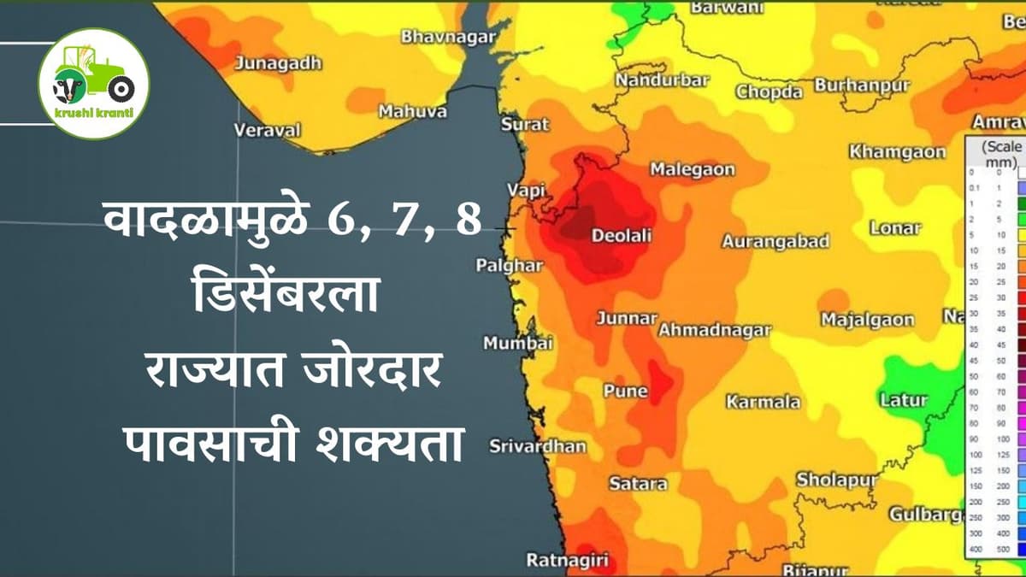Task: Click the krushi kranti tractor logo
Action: (x=94, y=84)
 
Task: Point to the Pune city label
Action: (x=626, y=391)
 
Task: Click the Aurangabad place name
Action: (x=775, y=241)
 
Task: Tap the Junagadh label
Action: (x=279, y=62)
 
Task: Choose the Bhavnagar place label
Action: (x=449, y=36)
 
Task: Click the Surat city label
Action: (x=525, y=124)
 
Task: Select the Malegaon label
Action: (x=693, y=169)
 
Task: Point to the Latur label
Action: (x=904, y=399)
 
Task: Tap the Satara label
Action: (x=638, y=483)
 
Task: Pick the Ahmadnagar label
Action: (x=716, y=329)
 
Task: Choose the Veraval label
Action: (x=268, y=130)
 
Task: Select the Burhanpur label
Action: (x=862, y=85)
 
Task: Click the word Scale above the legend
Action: (x=1002, y=146)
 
